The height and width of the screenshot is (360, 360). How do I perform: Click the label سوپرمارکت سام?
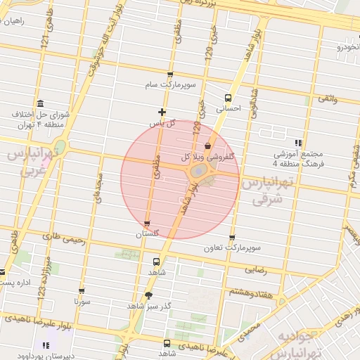point(169,85)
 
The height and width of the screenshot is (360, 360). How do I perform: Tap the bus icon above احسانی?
point(228,98)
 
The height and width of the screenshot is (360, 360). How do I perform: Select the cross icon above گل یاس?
point(162,112)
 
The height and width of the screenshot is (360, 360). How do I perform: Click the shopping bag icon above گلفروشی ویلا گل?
point(207,146)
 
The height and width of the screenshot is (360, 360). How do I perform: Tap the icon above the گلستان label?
point(147,223)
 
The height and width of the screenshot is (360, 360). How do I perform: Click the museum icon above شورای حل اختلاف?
point(40,103)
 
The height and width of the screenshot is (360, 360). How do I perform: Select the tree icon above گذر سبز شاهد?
point(148,296)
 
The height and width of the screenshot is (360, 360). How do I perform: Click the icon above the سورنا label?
point(82,291)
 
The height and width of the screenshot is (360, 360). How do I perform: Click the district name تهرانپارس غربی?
point(32,162)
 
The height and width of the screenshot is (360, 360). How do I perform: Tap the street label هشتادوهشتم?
point(231,291)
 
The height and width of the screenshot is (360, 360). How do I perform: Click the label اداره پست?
point(18,283)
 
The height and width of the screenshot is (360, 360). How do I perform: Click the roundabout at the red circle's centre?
point(200,172)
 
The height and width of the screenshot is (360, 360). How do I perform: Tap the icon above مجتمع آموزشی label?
point(299,143)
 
